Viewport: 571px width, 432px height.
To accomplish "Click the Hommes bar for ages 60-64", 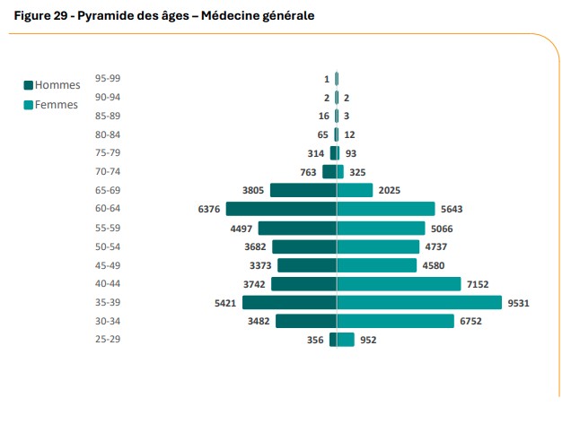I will (x=281, y=209).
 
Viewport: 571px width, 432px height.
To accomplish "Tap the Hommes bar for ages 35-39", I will (x=289, y=303).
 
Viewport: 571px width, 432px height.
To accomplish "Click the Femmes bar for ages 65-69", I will (x=355, y=190).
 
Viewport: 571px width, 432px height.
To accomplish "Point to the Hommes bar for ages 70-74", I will (x=329, y=171).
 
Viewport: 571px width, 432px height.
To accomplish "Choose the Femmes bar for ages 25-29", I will (x=346, y=340).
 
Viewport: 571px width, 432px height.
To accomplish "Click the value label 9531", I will (x=518, y=303).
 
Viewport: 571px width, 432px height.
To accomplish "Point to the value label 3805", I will (x=253, y=190).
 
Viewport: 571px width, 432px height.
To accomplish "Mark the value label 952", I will (x=368, y=340).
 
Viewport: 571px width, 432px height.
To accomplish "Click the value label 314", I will (x=315, y=153).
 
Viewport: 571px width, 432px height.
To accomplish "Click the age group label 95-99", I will (x=108, y=78).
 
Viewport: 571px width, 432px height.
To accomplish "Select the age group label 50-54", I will (x=108, y=246).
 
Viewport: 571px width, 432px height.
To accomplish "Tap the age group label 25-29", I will (x=108, y=340).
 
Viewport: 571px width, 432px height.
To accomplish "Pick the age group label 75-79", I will (x=108, y=152).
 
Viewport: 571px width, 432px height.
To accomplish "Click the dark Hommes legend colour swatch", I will (x=28, y=85).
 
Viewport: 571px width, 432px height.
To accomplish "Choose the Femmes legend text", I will (x=57, y=105).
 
